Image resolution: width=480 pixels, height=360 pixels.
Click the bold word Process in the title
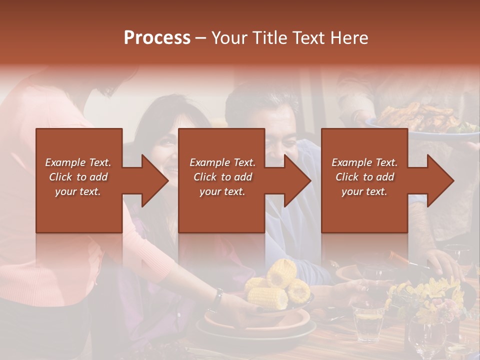[157, 38]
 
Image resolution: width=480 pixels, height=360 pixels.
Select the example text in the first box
[78, 177]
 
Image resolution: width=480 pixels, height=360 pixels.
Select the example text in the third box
[364, 177]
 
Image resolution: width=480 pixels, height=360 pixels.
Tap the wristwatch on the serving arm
[217, 297]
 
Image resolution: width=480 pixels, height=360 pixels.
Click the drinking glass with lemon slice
[368, 320]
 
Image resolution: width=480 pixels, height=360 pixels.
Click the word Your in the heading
[230, 38]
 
